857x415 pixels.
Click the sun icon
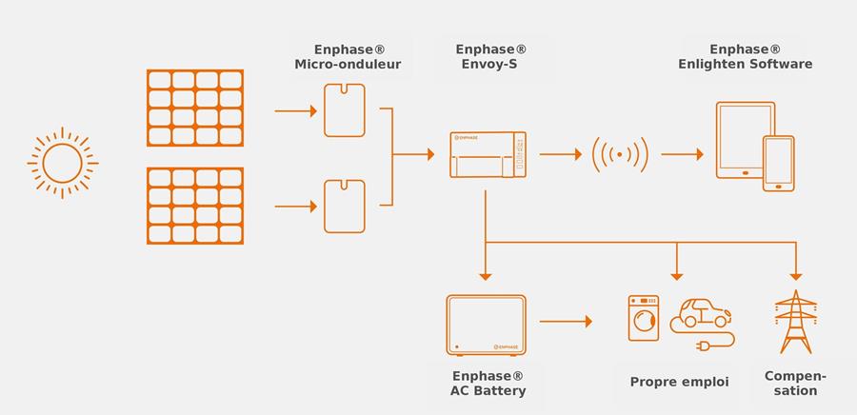click(x=63, y=163)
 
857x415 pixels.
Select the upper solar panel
click(x=194, y=107)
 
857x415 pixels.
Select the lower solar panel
click(x=194, y=206)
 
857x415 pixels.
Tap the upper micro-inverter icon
click(x=344, y=110)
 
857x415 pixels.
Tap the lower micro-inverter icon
click(x=344, y=205)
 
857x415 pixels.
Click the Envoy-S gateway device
click(x=487, y=155)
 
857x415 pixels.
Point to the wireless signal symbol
click(x=620, y=153)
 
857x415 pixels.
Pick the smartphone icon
click(x=778, y=163)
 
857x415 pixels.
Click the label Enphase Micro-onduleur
click(x=348, y=57)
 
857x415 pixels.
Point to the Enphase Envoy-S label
click(x=490, y=57)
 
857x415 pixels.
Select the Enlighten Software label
click(x=745, y=57)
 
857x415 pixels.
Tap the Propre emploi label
click(x=679, y=382)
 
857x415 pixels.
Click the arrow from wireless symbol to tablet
click(x=682, y=154)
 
